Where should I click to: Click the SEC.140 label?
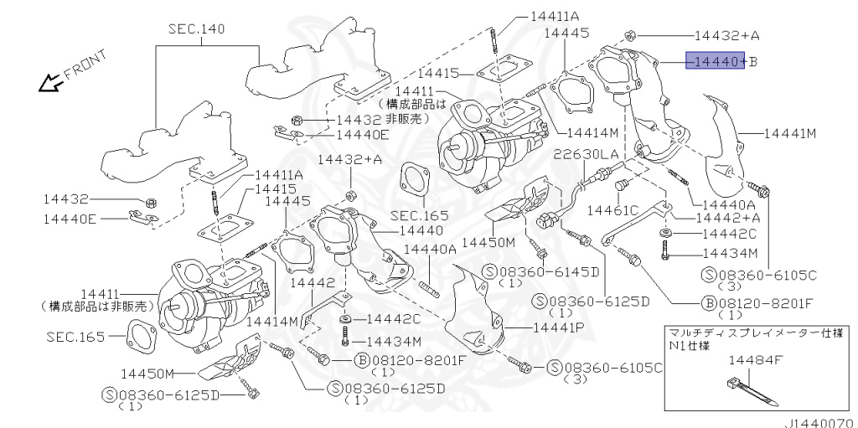196,28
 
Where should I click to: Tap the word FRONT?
85,64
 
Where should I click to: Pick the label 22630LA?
586,155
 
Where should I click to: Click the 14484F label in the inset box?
756,359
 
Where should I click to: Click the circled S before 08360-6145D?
489,271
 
